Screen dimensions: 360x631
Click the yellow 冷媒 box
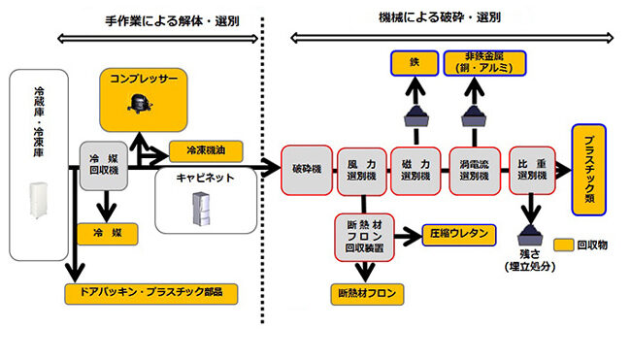click(102, 233)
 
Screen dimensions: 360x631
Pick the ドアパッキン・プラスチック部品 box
click(152, 290)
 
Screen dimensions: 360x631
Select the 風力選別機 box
click(360, 172)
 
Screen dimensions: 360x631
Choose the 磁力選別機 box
click(415, 172)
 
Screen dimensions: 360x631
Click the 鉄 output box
click(415, 64)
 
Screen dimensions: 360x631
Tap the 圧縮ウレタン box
click(460, 233)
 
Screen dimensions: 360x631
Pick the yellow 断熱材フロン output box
click(367, 290)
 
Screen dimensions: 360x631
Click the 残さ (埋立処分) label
click(532, 259)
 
